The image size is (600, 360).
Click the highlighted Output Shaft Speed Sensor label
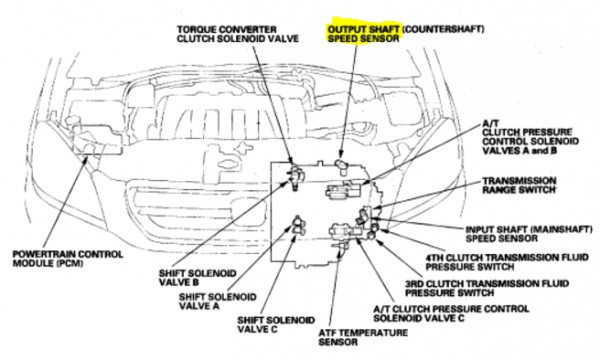pyautogui.click(x=364, y=34)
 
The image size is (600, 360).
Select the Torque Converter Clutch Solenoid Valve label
pyautogui.click(x=238, y=34)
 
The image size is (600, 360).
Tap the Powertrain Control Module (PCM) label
pyautogui.click(x=68, y=259)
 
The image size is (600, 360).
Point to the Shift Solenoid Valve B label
pyautogui.click(x=197, y=278)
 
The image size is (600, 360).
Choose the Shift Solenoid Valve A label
pyautogui.click(x=218, y=301)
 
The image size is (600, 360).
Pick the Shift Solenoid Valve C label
pyautogui.click(x=276, y=324)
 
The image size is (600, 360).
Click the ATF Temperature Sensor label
pyautogui.click(x=363, y=337)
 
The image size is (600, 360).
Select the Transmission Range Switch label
pyautogui.click(x=519, y=185)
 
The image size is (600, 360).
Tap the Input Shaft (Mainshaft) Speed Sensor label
pyautogui.click(x=529, y=234)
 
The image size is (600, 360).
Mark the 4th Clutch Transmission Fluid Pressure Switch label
pyautogui.click(x=507, y=262)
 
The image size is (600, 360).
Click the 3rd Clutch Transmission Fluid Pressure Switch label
pyautogui.click(x=487, y=288)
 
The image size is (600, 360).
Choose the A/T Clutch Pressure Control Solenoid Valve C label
pyautogui.click(x=451, y=313)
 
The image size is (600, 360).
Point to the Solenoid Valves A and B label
pyautogui.click(x=530, y=137)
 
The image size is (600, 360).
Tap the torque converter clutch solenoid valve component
pyautogui.click(x=297, y=176)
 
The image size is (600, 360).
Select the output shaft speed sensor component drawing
pyautogui.click(x=341, y=165)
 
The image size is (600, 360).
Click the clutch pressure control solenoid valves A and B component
pyautogui.click(x=343, y=190)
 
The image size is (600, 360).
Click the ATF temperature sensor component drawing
pyautogui.click(x=342, y=246)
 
